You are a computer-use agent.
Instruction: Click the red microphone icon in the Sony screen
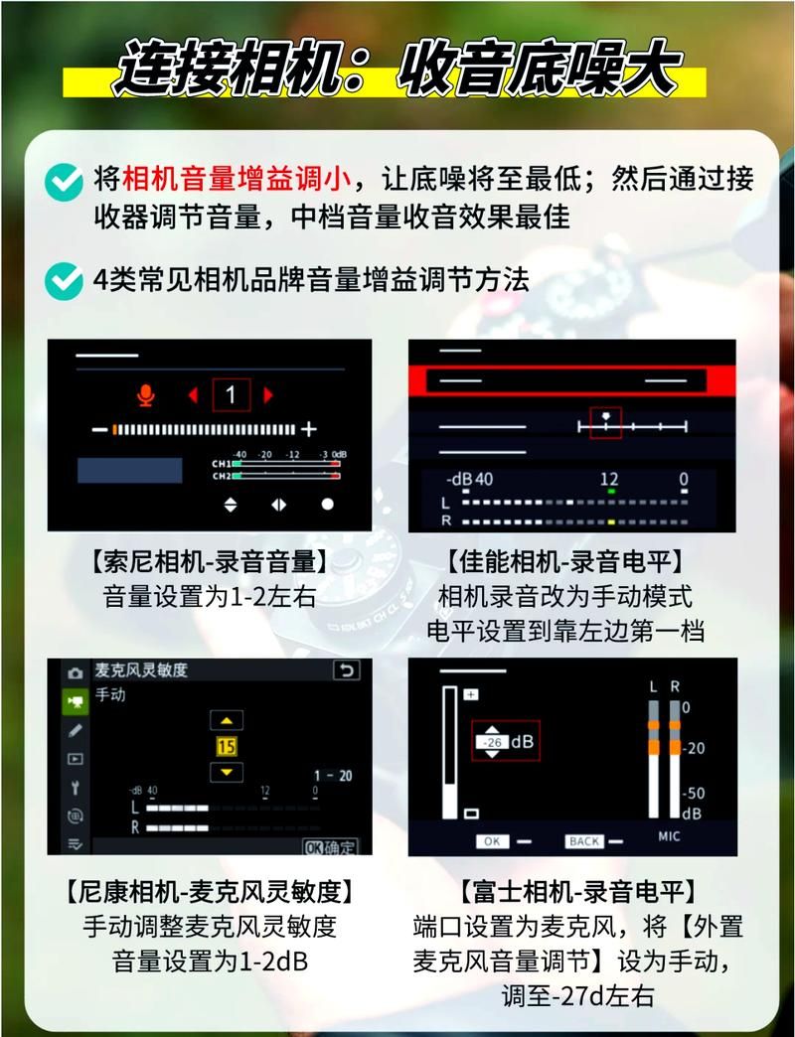(146, 395)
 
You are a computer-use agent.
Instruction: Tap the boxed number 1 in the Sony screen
(231, 395)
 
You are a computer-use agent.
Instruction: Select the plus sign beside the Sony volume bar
(309, 429)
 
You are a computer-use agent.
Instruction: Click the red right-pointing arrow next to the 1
(267, 395)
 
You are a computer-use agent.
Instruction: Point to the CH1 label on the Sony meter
(221, 464)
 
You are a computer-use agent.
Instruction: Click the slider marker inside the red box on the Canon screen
(605, 418)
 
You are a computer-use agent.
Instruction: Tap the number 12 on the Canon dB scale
(609, 480)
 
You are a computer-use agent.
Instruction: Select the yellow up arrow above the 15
(228, 720)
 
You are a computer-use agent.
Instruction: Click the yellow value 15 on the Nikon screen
(228, 746)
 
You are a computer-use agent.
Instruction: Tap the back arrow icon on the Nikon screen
(345, 670)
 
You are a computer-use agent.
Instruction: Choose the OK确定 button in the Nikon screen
(329, 847)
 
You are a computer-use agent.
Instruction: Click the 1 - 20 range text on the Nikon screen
(331, 776)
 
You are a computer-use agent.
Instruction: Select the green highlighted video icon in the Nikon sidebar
(75, 701)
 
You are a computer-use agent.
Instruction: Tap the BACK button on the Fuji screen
(584, 841)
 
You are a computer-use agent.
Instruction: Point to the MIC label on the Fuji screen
(669, 836)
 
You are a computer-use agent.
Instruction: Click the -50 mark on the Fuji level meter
(694, 794)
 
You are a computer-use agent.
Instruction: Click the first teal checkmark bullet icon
(65, 181)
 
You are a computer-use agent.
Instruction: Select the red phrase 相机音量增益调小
(236, 179)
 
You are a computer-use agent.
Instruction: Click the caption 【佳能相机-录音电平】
(565, 562)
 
